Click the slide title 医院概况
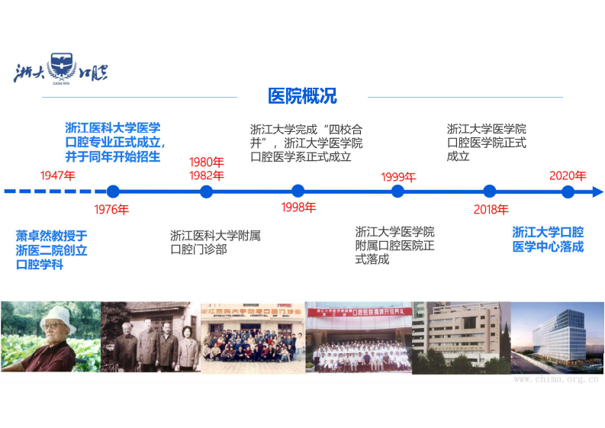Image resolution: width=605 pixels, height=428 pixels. coord(302,97)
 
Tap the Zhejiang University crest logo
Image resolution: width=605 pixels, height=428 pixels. coord(62,68)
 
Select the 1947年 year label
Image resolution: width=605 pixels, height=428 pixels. coord(59,175)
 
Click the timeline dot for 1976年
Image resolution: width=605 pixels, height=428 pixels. coord(113,191)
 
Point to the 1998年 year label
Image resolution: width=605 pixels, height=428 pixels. coord(298,208)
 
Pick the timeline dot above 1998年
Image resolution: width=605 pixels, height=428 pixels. coord(298,191)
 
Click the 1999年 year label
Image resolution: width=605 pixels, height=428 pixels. coord(397,177)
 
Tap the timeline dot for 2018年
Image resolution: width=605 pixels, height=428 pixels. coord(490,191)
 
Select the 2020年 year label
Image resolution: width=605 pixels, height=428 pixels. coord(568,175)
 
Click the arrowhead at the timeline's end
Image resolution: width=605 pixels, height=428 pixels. coord(598,191)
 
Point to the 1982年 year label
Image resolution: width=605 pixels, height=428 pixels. coord(207,175)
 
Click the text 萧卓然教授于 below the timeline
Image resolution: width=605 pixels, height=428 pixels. coord(52,236)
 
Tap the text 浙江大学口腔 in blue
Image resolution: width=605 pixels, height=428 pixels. coord(548,232)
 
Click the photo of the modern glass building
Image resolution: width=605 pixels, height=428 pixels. coord(557,336)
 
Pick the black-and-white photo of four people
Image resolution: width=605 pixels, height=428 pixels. coord(150,336)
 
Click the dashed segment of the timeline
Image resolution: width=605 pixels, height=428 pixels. coord(53,191)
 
